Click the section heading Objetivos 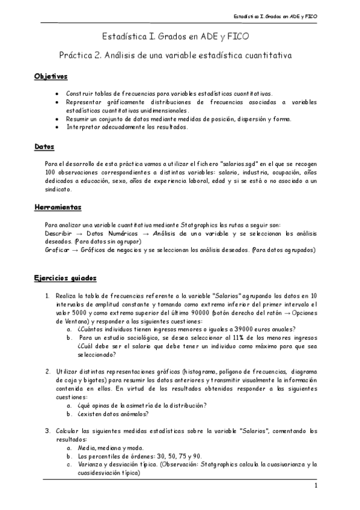pos(50,78)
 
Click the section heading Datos pos(44,146)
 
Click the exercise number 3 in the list pos(47,431)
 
